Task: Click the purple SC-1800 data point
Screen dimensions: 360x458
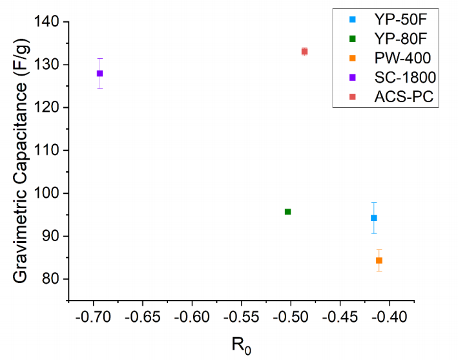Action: click(99, 74)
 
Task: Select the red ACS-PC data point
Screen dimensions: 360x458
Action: click(304, 51)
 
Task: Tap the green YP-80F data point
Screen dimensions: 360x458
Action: click(287, 211)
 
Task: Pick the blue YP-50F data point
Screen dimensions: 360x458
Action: click(373, 218)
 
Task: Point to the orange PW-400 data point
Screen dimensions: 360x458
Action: click(379, 260)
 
